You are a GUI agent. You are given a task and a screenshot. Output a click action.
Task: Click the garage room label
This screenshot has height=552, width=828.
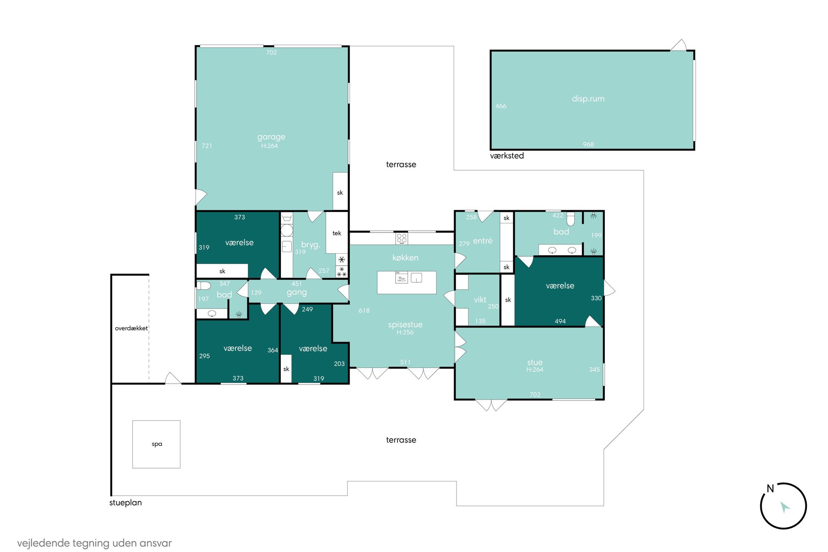point(271,137)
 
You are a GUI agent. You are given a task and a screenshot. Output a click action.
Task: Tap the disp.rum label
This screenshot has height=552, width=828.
point(588,99)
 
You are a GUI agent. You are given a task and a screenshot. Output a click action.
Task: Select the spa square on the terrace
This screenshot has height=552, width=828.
point(157,444)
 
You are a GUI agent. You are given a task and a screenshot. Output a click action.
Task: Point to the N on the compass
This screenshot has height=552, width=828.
point(770,489)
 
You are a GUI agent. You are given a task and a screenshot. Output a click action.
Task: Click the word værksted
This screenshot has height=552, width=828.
point(507,156)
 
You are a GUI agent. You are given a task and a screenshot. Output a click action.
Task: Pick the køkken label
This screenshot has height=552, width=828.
point(405,258)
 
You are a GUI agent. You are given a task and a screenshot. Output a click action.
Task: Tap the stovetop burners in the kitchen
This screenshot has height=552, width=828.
point(401,238)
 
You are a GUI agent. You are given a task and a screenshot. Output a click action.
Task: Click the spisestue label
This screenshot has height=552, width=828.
point(405,325)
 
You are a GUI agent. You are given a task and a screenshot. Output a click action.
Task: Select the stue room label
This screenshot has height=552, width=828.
point(535,362)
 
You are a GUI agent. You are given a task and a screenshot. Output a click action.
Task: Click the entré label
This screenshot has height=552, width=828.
point(483,241)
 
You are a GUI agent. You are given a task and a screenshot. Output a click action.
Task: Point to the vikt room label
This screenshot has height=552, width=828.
point(480,300)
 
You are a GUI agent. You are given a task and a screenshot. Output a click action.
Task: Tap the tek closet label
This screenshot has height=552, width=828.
point(337,233)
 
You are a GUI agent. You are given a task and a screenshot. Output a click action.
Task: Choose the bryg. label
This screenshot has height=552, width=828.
point(310,245)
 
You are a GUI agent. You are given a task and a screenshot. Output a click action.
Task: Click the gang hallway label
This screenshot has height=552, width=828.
point(297,292)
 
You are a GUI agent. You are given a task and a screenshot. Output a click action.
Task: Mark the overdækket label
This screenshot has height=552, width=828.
point(131,328)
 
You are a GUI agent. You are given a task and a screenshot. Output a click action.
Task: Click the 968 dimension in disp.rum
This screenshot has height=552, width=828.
point(588,144)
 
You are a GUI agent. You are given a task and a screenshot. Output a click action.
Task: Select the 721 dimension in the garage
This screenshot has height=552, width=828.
point(207,146)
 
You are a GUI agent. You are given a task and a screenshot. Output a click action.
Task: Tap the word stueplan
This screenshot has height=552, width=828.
point(126,503)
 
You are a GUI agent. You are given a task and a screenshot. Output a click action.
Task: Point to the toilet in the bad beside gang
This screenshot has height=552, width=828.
point(204,286)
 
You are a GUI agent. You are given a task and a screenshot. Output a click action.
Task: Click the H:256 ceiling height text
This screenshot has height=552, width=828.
point(405,333)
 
